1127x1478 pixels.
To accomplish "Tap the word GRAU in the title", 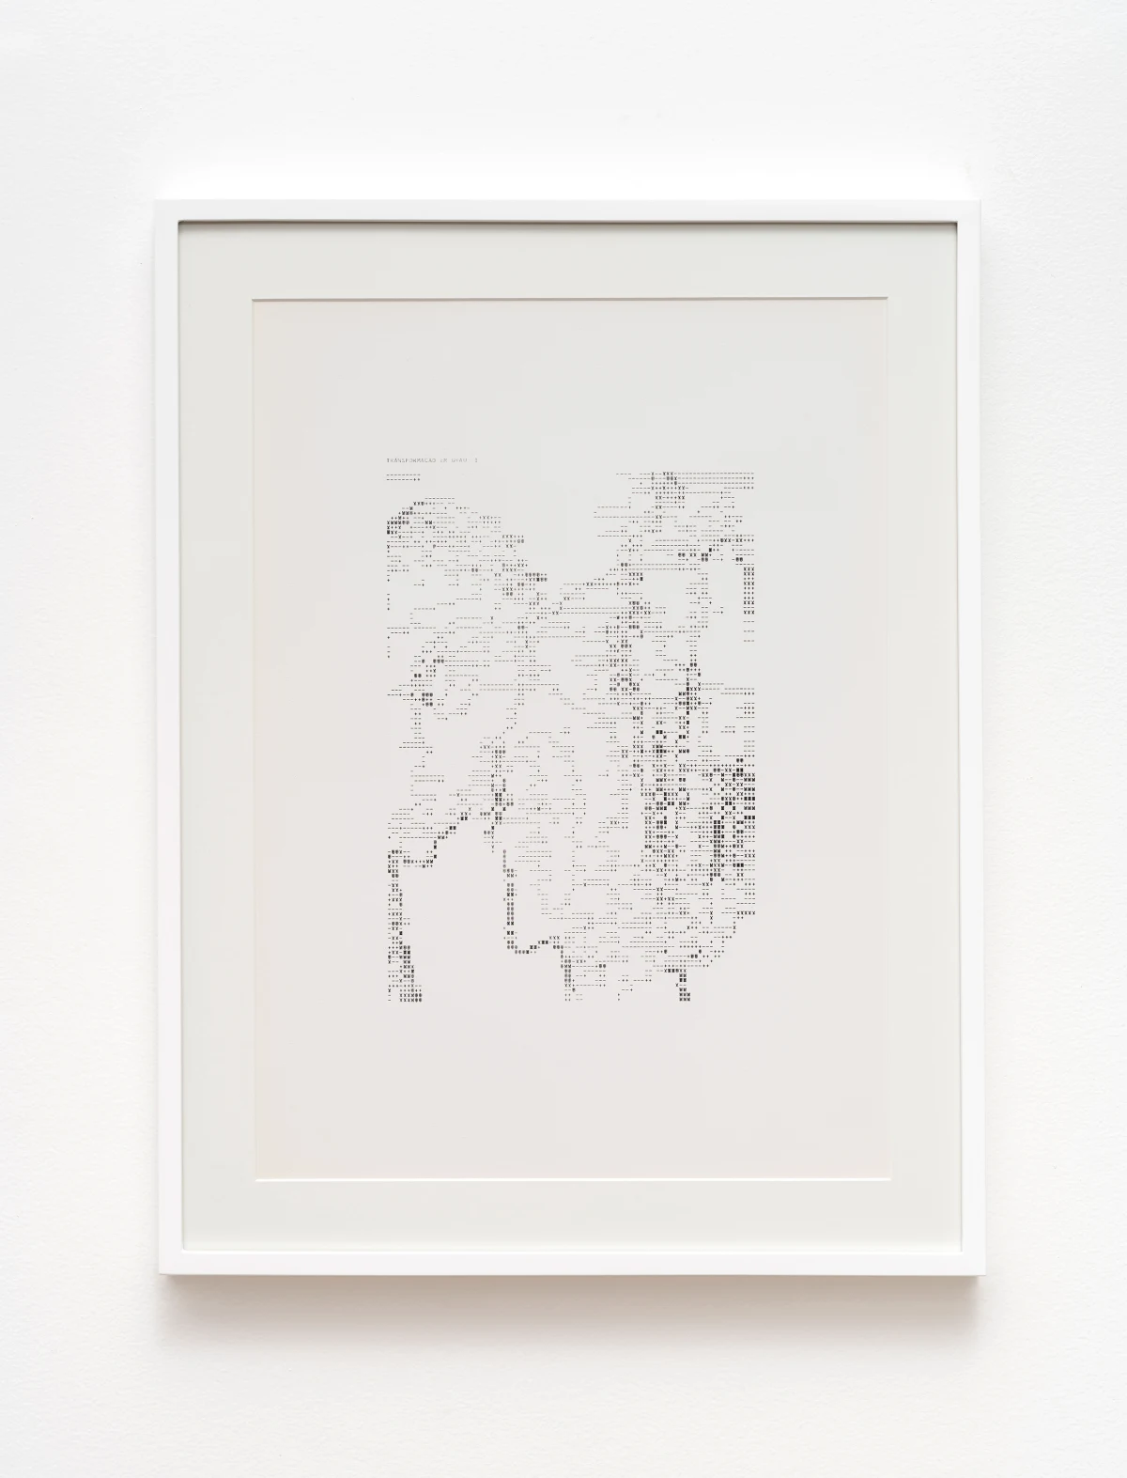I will (464, 460).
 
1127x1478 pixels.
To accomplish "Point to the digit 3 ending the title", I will (478, 460).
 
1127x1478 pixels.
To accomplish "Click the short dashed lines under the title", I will (403, 476).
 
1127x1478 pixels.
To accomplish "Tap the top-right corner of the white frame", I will (970, 202).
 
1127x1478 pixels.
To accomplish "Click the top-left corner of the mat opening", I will (253, 299).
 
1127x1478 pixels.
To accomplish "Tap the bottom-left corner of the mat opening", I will (253, 1175).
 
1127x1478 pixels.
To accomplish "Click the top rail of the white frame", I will (563, 210).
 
